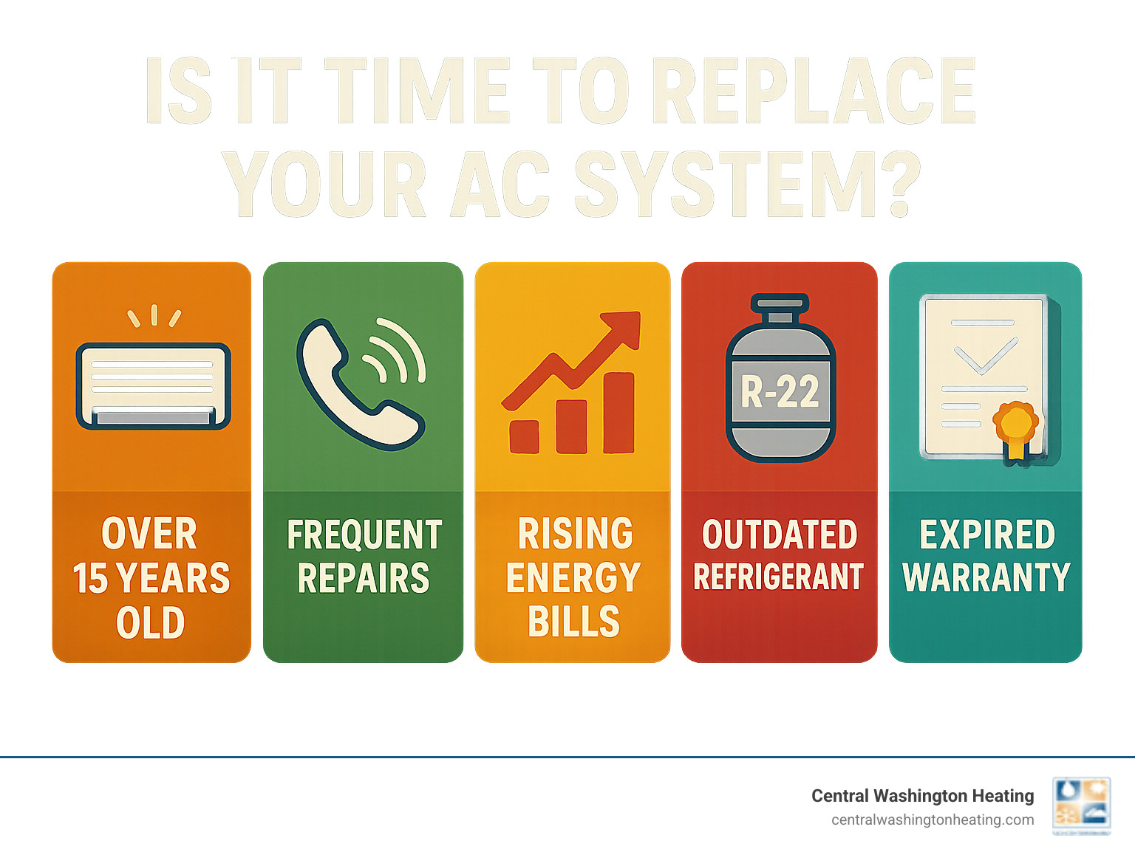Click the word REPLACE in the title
pyautogui.click(x=814, y=92)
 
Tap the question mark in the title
pyautogui.click(x=900, y=185)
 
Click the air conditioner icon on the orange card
pyautogui.click(x=153, y=385)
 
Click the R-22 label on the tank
pyautogui.click(x=780, y=392)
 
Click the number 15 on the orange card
pyautogui.click(x=91, y=578)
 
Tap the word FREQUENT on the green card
pyautogui.click(x=364, y=535)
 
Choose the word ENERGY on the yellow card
pyautogui.click(x=573, y=578)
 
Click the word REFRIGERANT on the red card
pyautogui.click(x=779, y=577)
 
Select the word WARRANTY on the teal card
pyautogui.click(x=986, y=577)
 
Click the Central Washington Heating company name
pyautogui.click(x=922, y=796)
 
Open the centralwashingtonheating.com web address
pyautogui.click(x=933, y=820)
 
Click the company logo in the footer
pyautogui.click(x=1081, y=805)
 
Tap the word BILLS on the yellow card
pyautogui.click(x=573, y=622)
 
